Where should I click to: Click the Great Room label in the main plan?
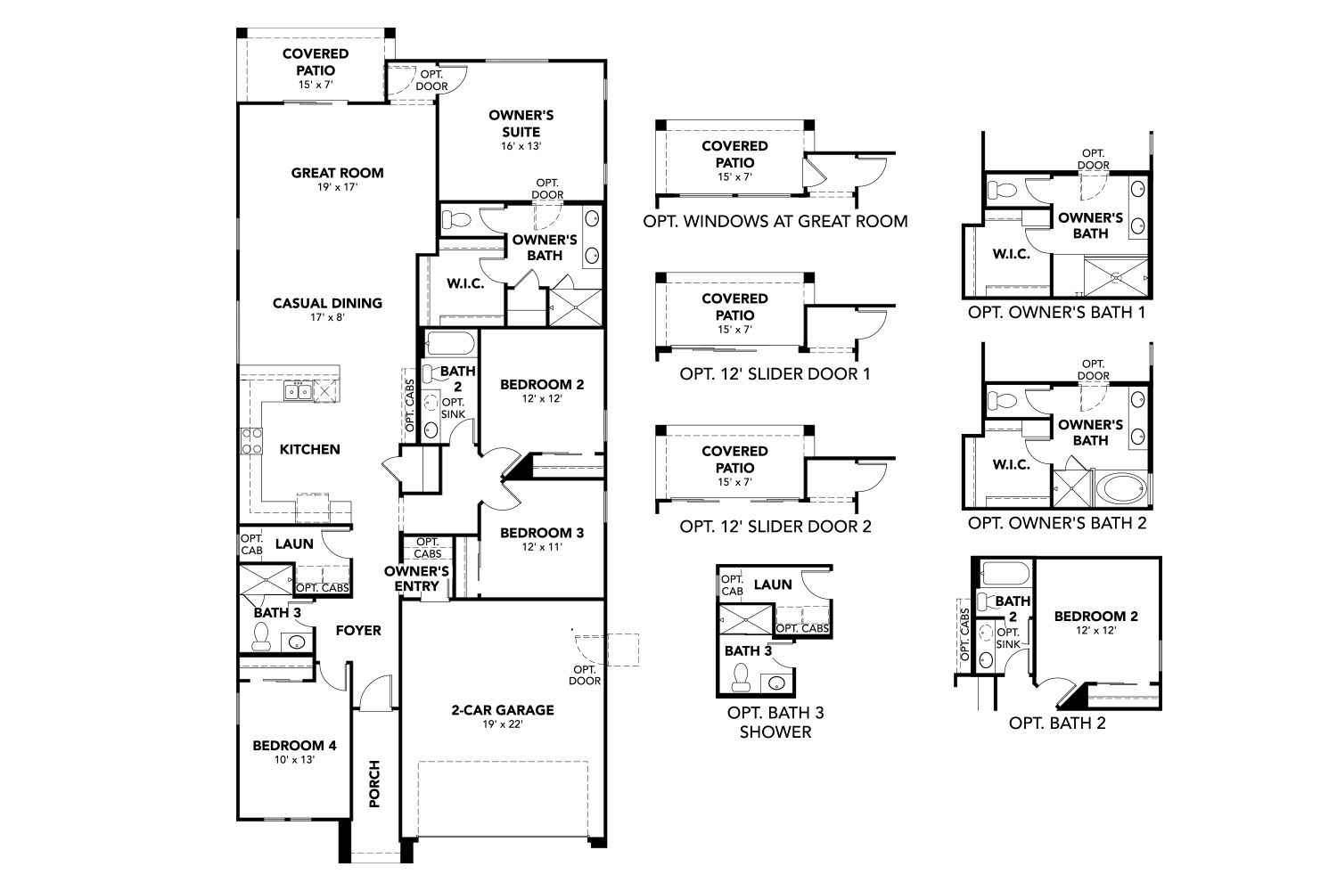pyautogui.click(x=337, y=173)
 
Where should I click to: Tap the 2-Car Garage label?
pyautogui.click(x=503, y=710)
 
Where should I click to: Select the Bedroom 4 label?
pyautogui.click(x=294, y=746)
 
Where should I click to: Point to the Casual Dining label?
pyautogui.click(x=328, y=303)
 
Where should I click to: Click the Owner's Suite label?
pyautogui.click(x=521, y=124)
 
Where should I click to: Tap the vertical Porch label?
pyautogui.click(x=374, y=783)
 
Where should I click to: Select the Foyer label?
pyautogui.click(x=358, y=630)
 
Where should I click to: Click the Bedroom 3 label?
pyautogui.click(x=542, y=532)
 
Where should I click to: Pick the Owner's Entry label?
pyautogui.click(x=416, y=579)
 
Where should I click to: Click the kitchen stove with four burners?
pyautogui.click(x=251, y=441)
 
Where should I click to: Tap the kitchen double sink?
pyautogui.click(x=297, y=391)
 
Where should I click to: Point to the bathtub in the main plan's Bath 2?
pyautogui.click(x=451, y=344)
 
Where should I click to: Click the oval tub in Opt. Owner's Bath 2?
pyautogui.click(x=1125, y=489)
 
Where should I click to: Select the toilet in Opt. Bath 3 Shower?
pyautogui.click(x=741, y=677)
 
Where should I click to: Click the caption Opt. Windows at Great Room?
pyautogui.click(x=775, y=221)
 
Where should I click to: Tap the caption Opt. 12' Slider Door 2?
pyautogui.click(x=775, y=527)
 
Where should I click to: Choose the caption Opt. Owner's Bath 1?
pyautogui.click(x=1057, y=313)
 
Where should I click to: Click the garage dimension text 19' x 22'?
pyautogui.click(x=503, y=724)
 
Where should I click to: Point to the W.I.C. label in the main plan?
pyautogui.click(x=465, y=284)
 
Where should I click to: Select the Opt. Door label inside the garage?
pyautogui.click(x=585, y=675)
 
